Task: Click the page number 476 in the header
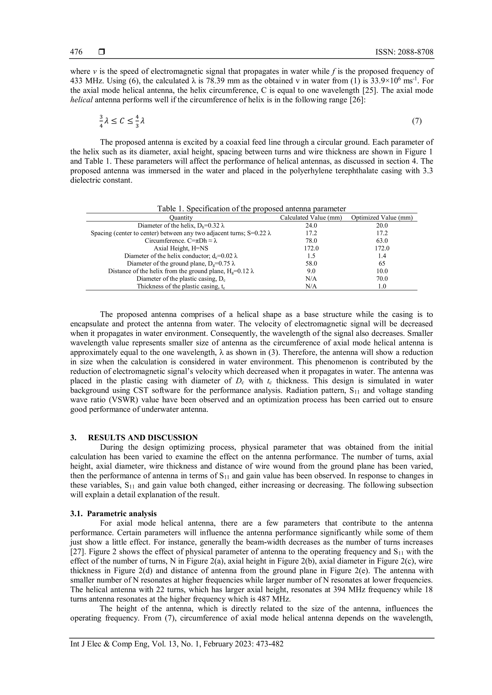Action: pyautogui.click(x=76, y=52)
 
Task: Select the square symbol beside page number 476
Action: pyautogui.click(x=101, y=52)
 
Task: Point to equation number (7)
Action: pyautogui.click(x=417, y=121)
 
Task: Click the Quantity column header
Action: pyautogui.click(x=181, y=217)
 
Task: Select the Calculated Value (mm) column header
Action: pyautogui.click(x=311, y=217)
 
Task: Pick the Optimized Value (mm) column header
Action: pyautogui.click(x=382, y=217)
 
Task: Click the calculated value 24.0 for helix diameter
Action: pyautogui.click(x=311, y=225)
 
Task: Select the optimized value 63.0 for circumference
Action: pyautogui.click(x=382, y=241)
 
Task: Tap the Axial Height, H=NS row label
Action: pyautogui.click(x=181, y=248)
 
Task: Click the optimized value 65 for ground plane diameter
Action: pyautogui.click(x=382, y=263)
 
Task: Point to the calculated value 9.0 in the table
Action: pyautogui.click(x=311, y=271)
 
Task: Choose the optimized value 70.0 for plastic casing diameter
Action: pyautogui.click(x=382, y=278)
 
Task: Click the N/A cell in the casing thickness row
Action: pyautogui.click(x=311, y=286)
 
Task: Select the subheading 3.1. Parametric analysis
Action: pyautogui.click(x=114, y=514)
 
